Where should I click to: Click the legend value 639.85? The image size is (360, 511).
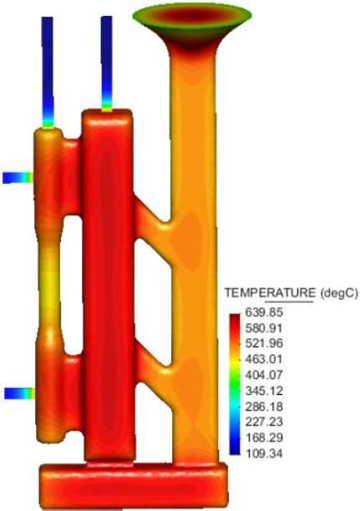click(x=264, y=313)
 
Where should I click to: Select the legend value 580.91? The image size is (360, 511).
click(x=264, y=328)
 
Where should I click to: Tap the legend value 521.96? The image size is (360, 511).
click(x=264, y=343)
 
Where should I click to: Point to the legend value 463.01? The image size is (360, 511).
click(x=264, y=359)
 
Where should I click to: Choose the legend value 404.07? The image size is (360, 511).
click(x=264, y=375)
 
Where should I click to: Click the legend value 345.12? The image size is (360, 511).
click(x=264, y=390)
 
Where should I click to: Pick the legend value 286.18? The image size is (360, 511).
click(x=264, y=407)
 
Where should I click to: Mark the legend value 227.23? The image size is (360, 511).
click(x=264, y=422)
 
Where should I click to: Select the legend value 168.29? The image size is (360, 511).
click(x=264, y=437)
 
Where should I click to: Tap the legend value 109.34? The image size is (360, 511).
click(x=264, y=453)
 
